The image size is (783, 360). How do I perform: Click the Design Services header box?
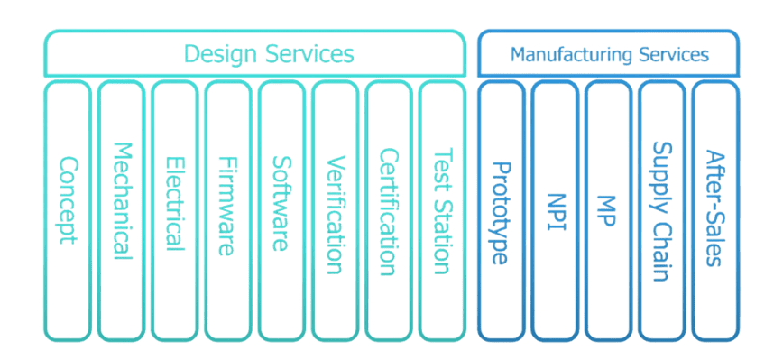pyautogui.click(x=254, y=53)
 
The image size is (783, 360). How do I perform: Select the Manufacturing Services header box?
pyautogui.click(x=607, y=53)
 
